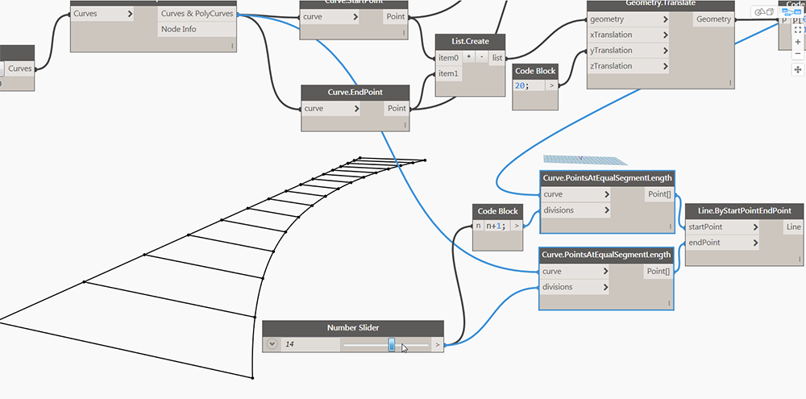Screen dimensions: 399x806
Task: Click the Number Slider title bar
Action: click(x=352, y=328)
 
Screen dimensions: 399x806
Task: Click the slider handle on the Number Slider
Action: click(x=392, y=345)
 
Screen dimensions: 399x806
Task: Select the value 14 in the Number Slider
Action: click(x=290, y=345)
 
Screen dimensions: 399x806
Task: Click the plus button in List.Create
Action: click(x=468, y=57)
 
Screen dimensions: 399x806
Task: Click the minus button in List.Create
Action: click(x=481, y=57)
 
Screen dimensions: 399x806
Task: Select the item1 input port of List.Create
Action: click(x=448, y=73)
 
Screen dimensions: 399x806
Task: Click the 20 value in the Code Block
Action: click(x=521, y=85)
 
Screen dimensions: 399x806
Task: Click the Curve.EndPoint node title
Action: click(x=355, y=93)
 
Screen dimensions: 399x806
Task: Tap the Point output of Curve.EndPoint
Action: click(x=397, y=108)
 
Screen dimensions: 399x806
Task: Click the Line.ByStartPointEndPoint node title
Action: click(x=743, y=210)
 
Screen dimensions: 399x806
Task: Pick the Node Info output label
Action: click(x=178, y=29)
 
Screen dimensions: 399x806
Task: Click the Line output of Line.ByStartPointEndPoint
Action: click(x=793, y=227)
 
